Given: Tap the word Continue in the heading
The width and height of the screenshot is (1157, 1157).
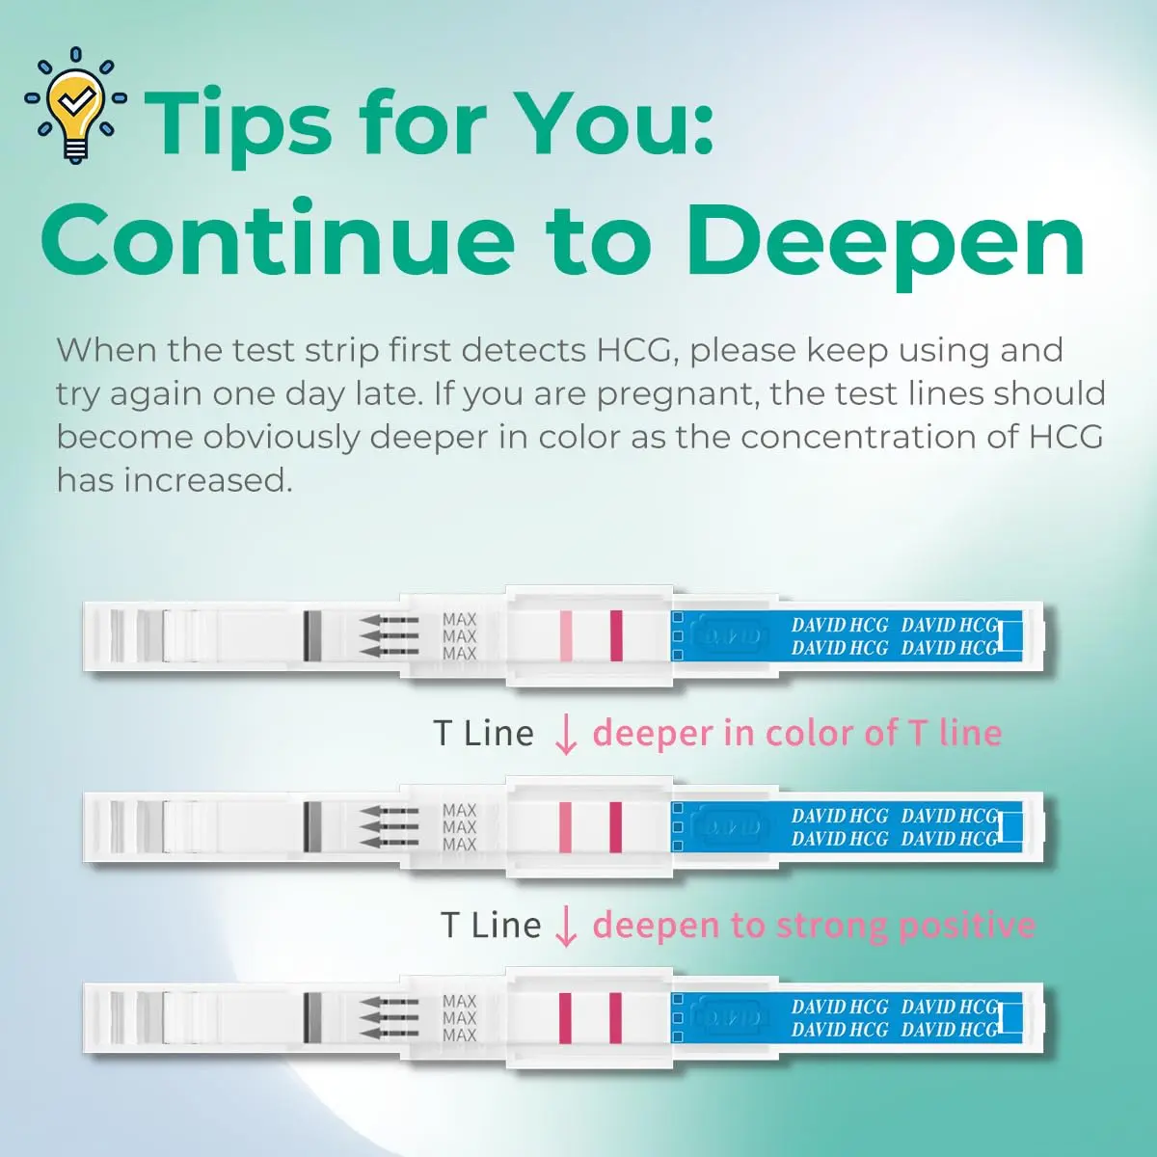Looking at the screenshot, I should [x=280, y=241].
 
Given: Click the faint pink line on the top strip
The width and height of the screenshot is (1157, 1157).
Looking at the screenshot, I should [x=566, y=635].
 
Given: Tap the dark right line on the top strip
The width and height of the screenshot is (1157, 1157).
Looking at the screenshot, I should [x=616, y=635].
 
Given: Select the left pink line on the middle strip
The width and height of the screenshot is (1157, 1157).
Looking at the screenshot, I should [x=566, y=826].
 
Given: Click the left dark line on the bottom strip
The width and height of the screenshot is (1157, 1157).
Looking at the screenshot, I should [x=566, y=1017].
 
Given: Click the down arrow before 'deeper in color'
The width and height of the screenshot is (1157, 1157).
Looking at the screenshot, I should [x=566, y=735].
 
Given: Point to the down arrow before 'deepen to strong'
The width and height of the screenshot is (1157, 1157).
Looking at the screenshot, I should [x=566, y=927].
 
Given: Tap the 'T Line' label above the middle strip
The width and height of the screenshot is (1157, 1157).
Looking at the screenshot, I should [x=483, y=734].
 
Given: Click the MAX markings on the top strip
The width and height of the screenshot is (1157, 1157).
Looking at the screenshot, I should [x=459, y=636].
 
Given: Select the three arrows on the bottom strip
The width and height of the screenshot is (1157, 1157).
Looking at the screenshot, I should [x=389, y=1018].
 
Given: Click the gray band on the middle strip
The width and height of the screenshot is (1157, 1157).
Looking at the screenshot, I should [x=311, y=826].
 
